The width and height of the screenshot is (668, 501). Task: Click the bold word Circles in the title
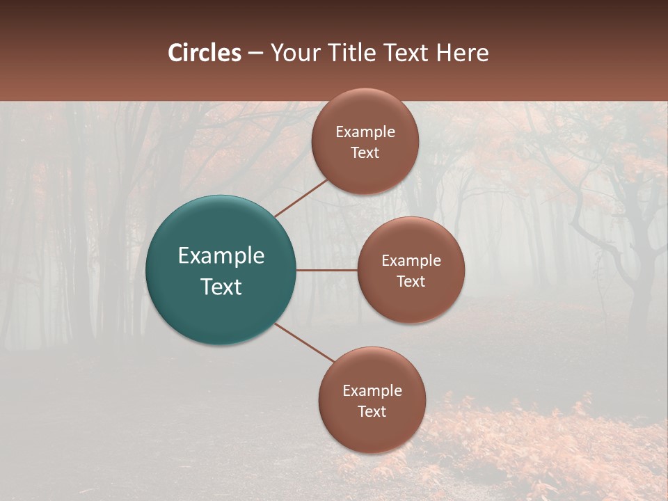coord(204,53)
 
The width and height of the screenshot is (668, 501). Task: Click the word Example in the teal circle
coord(221,256)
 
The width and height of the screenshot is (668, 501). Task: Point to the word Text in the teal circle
coord(221,287)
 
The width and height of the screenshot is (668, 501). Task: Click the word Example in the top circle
coord(365,132)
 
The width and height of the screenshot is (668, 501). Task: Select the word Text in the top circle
coord(365,153)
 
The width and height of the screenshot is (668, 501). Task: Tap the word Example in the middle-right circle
coord(411,261)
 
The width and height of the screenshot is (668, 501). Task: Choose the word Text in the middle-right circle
coord(411,282)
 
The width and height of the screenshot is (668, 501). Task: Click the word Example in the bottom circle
coord(372,391)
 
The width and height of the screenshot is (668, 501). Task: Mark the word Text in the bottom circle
coord(372,412)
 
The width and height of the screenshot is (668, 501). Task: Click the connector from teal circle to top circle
coord(301,198)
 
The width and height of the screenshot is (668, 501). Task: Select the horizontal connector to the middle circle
coord(326,270)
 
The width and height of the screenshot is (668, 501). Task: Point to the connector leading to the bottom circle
coord(304,342)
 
